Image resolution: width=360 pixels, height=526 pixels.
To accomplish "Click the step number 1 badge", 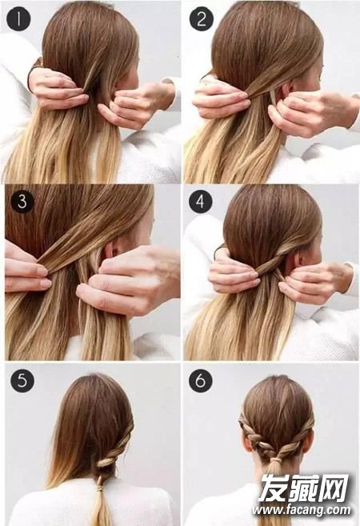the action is point(18,18).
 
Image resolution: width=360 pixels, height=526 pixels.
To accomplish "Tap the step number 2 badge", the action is point(201,18).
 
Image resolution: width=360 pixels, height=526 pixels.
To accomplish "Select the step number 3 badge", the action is point(22,201).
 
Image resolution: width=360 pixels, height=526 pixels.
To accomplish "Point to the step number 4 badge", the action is point(201,201).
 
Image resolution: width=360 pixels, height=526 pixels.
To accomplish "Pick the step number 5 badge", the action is point(22,380).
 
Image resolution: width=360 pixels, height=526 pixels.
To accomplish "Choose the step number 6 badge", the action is point(201,380).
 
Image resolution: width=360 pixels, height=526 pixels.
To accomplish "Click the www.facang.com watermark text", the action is point(302,510).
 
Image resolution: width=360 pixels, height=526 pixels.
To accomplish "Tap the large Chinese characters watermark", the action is point(304,488).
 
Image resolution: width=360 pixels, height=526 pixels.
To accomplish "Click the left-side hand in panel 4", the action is point(233,271).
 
